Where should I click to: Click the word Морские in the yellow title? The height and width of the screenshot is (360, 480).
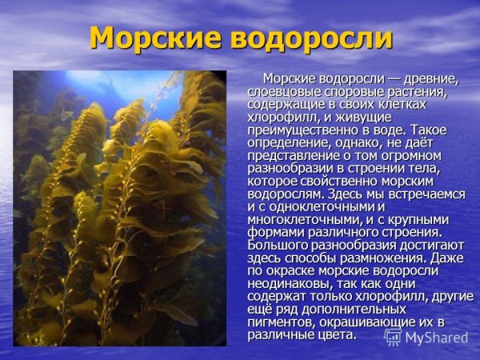click(x=146, y=38)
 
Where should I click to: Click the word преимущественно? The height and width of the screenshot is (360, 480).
click(x=297, y=130)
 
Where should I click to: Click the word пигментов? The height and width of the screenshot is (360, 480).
click(x=281, y=322)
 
